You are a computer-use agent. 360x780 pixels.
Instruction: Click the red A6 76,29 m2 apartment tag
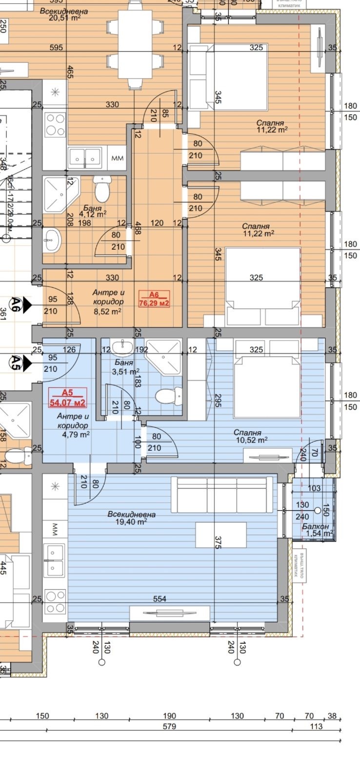154,299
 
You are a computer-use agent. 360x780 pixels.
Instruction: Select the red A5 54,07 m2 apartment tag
67,398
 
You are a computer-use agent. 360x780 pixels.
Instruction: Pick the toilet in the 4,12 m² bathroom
102,190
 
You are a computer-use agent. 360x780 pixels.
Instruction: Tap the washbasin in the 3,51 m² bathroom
120,347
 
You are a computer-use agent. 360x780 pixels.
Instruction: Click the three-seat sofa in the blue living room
222,495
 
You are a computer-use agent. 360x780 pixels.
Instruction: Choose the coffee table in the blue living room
221,535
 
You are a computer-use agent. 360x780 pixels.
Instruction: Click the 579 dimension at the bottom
169,726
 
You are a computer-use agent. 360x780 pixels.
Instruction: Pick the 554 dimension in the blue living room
160,599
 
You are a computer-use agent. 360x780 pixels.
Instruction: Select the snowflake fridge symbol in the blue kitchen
55,486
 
